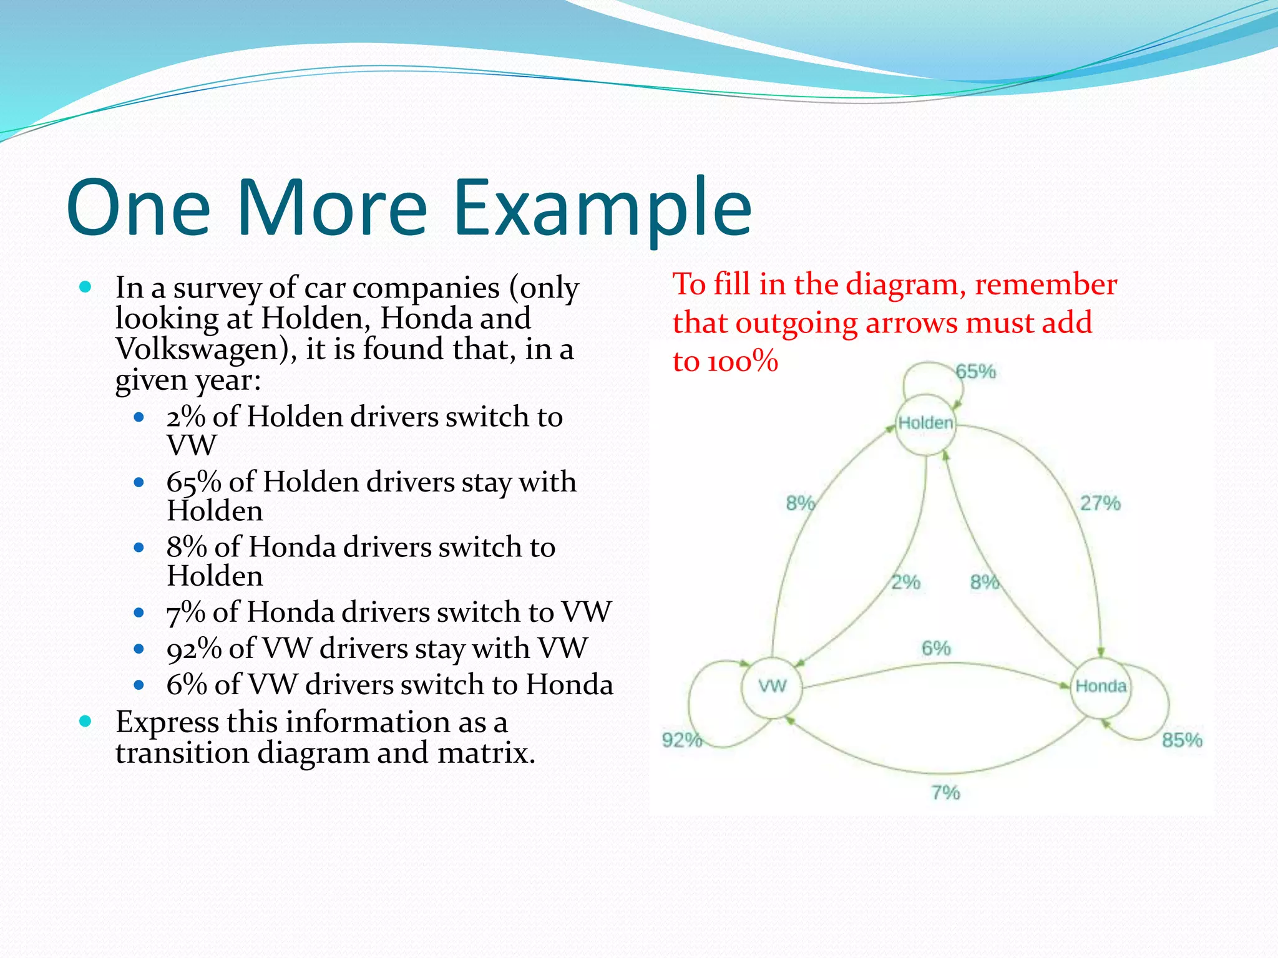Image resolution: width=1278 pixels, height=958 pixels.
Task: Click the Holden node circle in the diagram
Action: tap(925, 423)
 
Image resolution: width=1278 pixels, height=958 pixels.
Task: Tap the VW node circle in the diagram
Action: tap(772, 687)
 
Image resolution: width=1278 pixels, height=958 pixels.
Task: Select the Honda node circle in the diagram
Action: tap(1101, 687)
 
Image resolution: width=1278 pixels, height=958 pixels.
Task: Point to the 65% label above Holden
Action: tap(976, 372)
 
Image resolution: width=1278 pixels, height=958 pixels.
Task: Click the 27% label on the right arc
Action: tap(1100, 503)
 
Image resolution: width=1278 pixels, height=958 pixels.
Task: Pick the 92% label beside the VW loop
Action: tap(682, 740)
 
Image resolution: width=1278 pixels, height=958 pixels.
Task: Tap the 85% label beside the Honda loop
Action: tap(1182, 740)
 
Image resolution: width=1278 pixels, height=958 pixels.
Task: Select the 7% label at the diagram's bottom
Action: tap(945, 793)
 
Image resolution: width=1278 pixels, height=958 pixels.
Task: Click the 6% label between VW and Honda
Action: tap(936, 649)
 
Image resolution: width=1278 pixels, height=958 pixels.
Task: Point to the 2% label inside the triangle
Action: tap(905, 583)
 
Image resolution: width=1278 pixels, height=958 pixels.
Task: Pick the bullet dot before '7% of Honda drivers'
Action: tap(139, 613)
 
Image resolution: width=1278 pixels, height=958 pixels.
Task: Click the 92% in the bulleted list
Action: tap(194, 649)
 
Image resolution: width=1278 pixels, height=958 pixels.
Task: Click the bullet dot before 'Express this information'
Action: tap(86, 722)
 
